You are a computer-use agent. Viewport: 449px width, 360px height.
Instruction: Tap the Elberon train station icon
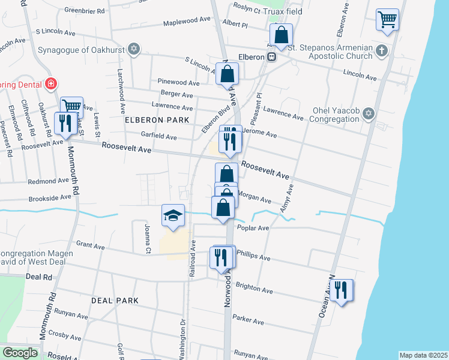click(x=271, y=57)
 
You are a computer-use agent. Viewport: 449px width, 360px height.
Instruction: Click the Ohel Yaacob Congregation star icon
click(x=368, y=113)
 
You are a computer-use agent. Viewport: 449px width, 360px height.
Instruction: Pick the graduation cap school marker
click(x=173, y=215)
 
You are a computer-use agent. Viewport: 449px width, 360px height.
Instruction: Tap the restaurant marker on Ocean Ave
click(x=341, y=290)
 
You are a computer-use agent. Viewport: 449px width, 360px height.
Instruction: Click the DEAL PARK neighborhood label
click(x=115, y=300)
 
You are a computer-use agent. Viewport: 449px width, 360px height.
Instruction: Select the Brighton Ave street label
click(x=254, y=289)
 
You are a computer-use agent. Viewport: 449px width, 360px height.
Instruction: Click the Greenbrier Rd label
click(x=85, y=11)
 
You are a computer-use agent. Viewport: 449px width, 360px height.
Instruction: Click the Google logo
click(x=20, y=353)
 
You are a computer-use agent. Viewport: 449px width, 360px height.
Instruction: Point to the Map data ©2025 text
click(x=423, y=355)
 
